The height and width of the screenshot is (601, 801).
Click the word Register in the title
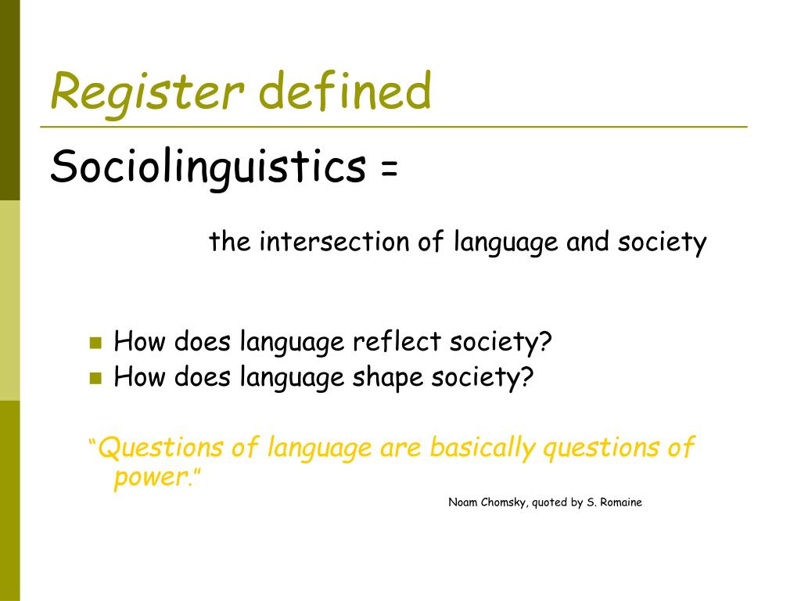tap(147, 91)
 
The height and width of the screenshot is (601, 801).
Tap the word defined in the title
tap(344, 91)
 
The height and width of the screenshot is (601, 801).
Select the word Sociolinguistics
tap(208, 167)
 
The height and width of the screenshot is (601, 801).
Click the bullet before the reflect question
tap(96, 342)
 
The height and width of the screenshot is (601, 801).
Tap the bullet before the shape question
tap(96, 378)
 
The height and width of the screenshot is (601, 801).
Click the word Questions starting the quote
tap(161, 448)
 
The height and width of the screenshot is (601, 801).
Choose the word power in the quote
tap(150, 477)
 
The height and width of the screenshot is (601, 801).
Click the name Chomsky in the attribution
tap(503, 502)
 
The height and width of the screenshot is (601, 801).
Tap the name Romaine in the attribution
tap(621, 502)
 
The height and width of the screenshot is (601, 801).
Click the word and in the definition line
tap(588, 242)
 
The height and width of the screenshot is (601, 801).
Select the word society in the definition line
tap(662, 242)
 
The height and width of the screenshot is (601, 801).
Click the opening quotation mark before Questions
tap(92, 444)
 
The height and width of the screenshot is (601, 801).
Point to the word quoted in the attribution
tap(550, 502)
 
